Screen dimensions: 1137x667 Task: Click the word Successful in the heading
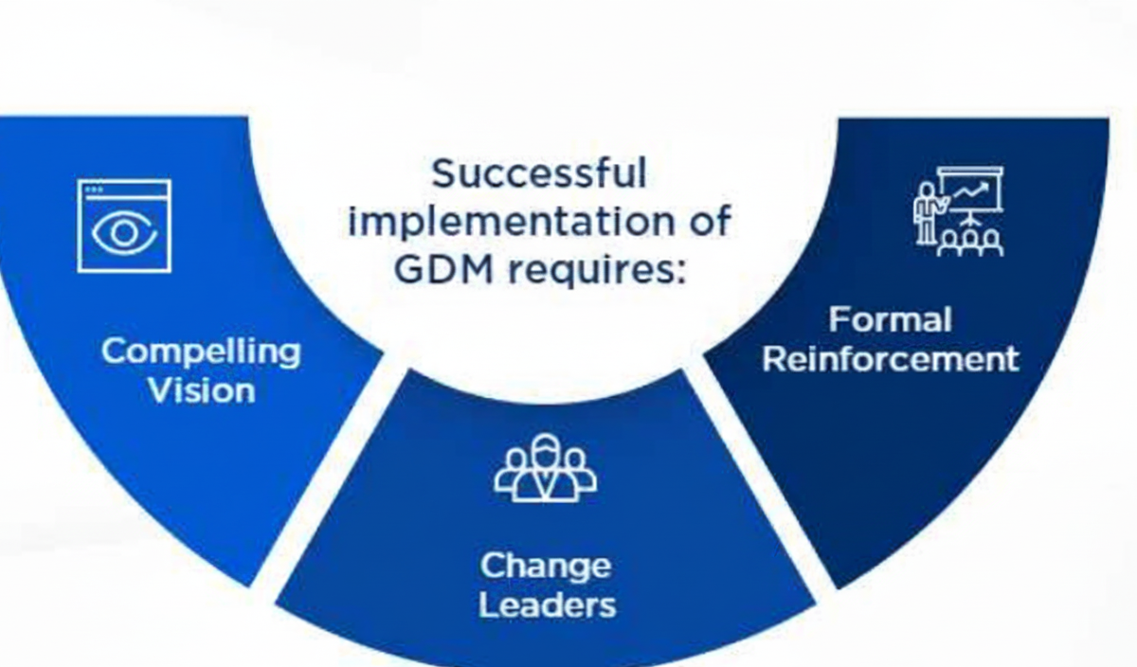539,173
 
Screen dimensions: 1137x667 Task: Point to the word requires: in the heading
598,271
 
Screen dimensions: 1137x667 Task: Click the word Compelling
201,352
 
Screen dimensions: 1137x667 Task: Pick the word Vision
202,390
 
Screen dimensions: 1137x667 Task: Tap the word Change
546,567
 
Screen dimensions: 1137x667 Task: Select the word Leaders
548,605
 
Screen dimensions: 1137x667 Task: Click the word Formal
891,320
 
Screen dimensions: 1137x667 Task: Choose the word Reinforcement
891,359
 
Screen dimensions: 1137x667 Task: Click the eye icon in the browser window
124,232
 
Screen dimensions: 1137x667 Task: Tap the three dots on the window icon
95,189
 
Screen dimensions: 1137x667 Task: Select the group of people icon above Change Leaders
546,468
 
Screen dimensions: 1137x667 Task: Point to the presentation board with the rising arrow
970,192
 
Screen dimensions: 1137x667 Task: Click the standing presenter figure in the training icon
927,213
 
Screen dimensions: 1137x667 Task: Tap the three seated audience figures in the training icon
969,243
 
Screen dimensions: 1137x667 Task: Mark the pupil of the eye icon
124,232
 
